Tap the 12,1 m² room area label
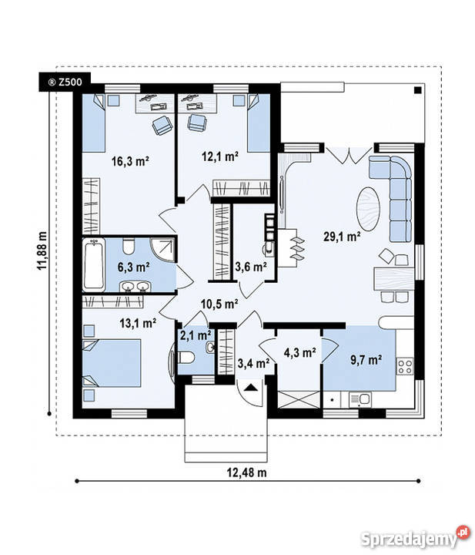click(x=219, y=156)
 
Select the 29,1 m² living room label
click(x=343, y=237)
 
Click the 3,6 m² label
click(x=250, y=267)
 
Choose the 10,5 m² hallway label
click(x=220, y=303)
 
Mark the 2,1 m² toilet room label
click(x=195, y=335)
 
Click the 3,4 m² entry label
click(x=253, y=362)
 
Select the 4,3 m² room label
click(x=299, y=353)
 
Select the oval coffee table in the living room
click(x=367, y=207)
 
